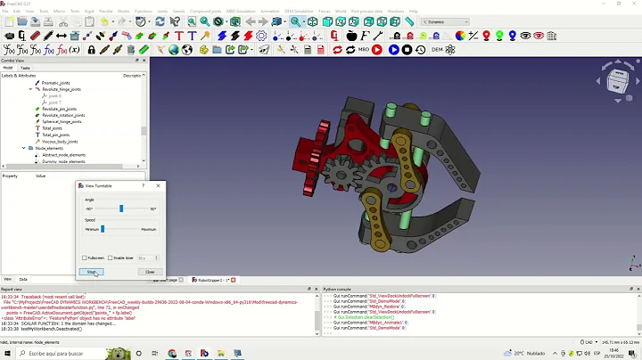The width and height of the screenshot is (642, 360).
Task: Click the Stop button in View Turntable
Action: (x=91, y=272)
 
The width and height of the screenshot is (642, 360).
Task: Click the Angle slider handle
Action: (x=121, y=209)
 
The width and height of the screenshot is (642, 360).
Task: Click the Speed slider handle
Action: (x=103, y=229)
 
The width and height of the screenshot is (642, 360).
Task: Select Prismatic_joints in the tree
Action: (x=55, y=83)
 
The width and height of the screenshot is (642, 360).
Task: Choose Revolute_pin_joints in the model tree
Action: (x=59, y=109)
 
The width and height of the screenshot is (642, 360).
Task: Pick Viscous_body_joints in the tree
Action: (x=60, y=141)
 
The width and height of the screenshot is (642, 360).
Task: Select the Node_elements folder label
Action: (x=50, y=148)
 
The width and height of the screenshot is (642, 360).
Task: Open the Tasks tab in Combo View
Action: (x=25, y=68)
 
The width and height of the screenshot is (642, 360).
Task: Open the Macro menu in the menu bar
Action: (x=60, y=11)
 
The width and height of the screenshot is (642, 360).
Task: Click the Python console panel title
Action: (x=339, y=289)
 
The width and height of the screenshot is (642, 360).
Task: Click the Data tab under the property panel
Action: (x=23, y=279)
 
